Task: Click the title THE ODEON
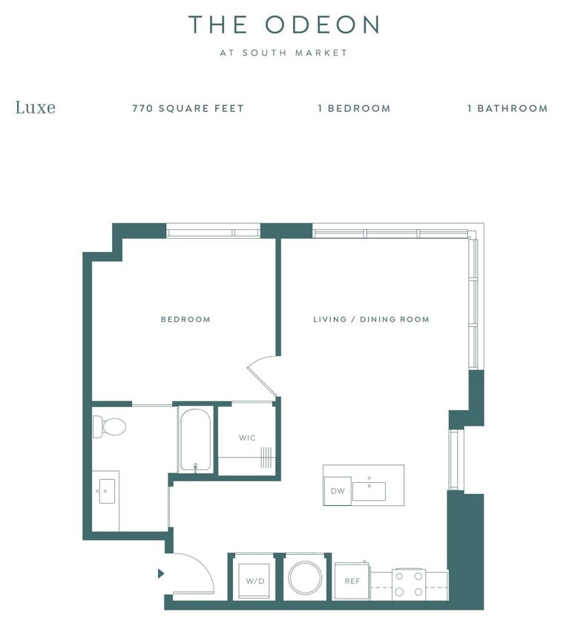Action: [x=283, y=24]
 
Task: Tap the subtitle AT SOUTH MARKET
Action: [x=283, y=53]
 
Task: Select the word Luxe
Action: [x=35, y=108]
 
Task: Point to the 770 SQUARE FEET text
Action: [x=188, y=108]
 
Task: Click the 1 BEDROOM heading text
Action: [x=354, y=108]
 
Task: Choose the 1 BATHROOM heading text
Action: [x=507, y=108]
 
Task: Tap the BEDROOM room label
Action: [x=185, y=320]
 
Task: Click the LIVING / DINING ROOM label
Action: [x=371, y=320]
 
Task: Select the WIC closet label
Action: [x=247, y=438]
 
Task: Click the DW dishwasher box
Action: [x=337, y=491]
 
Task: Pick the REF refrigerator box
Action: [x=352, y=581]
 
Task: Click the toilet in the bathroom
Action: [x=110, y=426]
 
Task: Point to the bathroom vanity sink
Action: [x=107, y=491]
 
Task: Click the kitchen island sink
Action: [x=369, y=491]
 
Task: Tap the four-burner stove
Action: [x=409, y=583]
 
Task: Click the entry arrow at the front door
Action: [x=161, y=573]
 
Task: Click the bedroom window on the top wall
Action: [x=213, y=232]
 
